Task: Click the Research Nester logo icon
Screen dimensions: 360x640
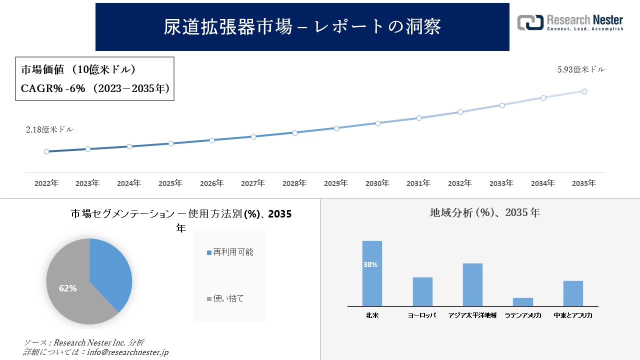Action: pos(530,23)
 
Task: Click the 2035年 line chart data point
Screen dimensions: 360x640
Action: pos(584,91)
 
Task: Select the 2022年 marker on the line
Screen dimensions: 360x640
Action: pos(46,151)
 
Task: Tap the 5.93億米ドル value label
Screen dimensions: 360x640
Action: pos(581,70)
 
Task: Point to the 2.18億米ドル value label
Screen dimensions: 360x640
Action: pos(49,129)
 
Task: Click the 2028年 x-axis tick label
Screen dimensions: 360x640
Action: pos(294,183)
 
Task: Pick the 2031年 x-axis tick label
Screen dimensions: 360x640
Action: pos(418,183)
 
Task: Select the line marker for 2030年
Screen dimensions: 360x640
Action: pos(377,123)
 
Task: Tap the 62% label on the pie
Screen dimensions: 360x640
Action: pos(67,288)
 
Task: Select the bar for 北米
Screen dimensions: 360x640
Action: pos(372,273)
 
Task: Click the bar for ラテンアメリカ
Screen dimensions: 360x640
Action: pos(523,302)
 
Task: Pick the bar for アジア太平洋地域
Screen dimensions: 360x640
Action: pos(472,284)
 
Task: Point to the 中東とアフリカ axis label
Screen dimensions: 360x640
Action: pos(573,315)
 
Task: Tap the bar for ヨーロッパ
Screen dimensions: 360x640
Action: pos(422,291)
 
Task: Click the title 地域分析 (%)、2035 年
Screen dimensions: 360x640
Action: pos(484,212)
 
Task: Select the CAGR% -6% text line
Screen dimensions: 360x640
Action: pos(95,88)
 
